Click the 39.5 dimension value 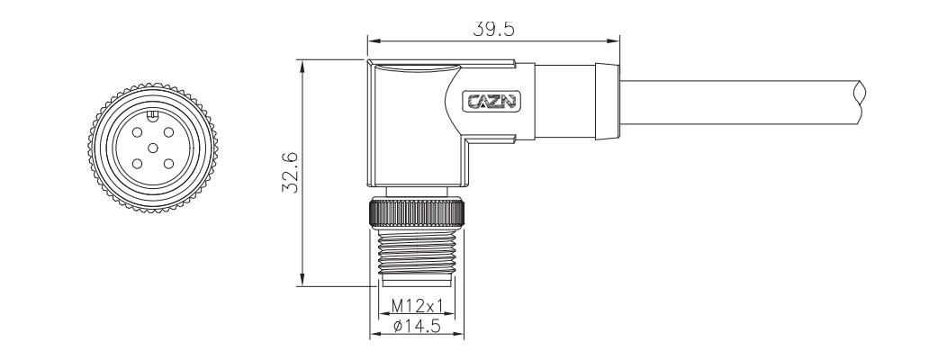coord(493,29)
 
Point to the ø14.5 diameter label coord(417,327)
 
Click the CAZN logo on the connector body coord(492,101)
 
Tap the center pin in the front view coord(153,147)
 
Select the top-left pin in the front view coord(136,131)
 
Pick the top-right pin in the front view coord(170,131)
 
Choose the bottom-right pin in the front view coord(170,162)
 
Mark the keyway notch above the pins coord(153,114)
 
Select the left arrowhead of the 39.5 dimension coord(373,40)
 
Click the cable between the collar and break coord(738,101)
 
